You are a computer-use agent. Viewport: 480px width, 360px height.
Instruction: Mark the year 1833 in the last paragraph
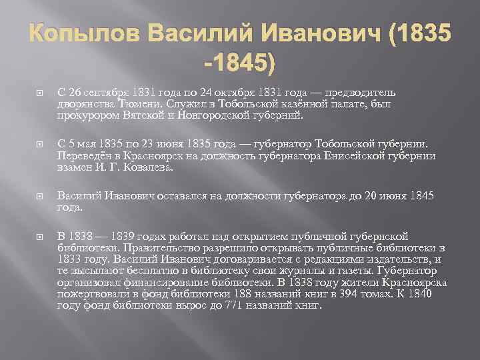[x=71, y=259]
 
